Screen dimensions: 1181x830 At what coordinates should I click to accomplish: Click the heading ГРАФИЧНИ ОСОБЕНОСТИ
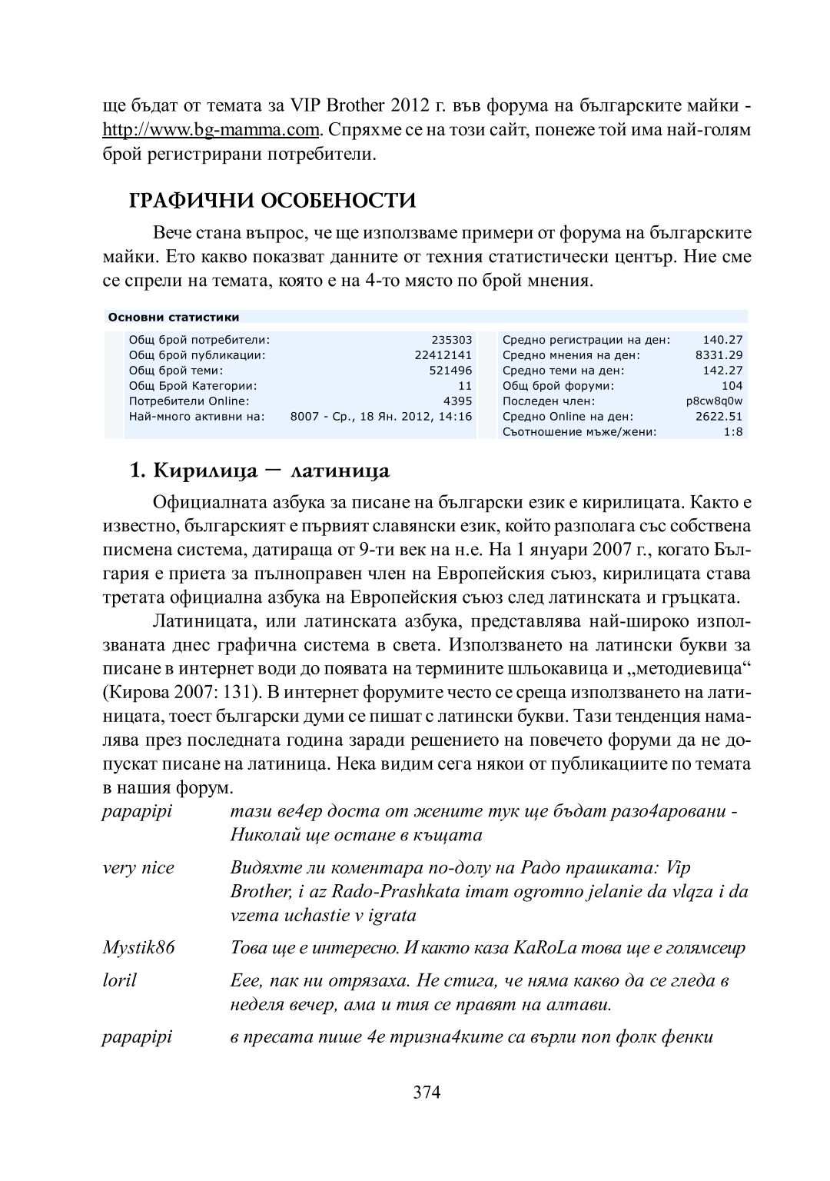[x=273, y=201]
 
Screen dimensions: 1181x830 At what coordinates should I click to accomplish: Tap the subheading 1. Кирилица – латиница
[x=260, y=470]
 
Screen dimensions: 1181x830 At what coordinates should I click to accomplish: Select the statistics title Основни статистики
[x=174, y=317]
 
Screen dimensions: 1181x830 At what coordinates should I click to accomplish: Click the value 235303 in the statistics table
[x=452, y=340]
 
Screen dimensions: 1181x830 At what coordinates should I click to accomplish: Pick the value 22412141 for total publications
[x=443, y=355]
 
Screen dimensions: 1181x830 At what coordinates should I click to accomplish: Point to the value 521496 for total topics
[x=450, y=371]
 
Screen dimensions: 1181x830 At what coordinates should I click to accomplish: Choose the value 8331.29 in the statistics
[x=719, y=355]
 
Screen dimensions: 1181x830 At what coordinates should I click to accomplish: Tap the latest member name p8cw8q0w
[x=714, y=401]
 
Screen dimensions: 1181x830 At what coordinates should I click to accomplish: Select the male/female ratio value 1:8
[x=733, y=432]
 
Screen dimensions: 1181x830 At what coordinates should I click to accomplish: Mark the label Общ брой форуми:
[x=559, y=386]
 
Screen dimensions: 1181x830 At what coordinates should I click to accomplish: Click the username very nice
[x=138, y=868]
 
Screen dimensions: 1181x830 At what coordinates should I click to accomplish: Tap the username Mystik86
[x=139, y=947]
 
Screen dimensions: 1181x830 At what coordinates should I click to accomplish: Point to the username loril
[x=119, y=980]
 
